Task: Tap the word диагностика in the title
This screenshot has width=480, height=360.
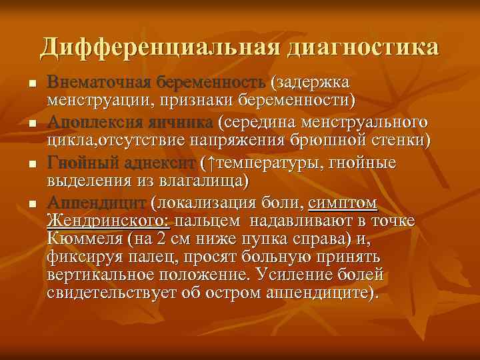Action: pos(363,47)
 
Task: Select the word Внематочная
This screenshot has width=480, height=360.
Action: pos(99,82)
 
